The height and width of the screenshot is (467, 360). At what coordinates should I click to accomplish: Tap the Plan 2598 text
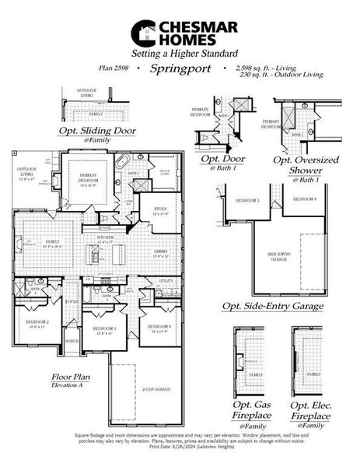pyautogui.click(x=116, y=68)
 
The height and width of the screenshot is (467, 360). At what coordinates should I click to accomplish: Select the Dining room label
pyautogui.click(x=160, y=251)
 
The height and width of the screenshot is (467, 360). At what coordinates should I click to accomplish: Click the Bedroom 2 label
pyautogui.click(x=37, y=323)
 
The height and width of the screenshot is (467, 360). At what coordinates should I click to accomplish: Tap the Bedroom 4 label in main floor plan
pyautogui.click(x=159, y=327)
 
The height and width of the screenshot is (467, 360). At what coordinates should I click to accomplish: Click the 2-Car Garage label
pyautogui.click(x=156, y=388)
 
